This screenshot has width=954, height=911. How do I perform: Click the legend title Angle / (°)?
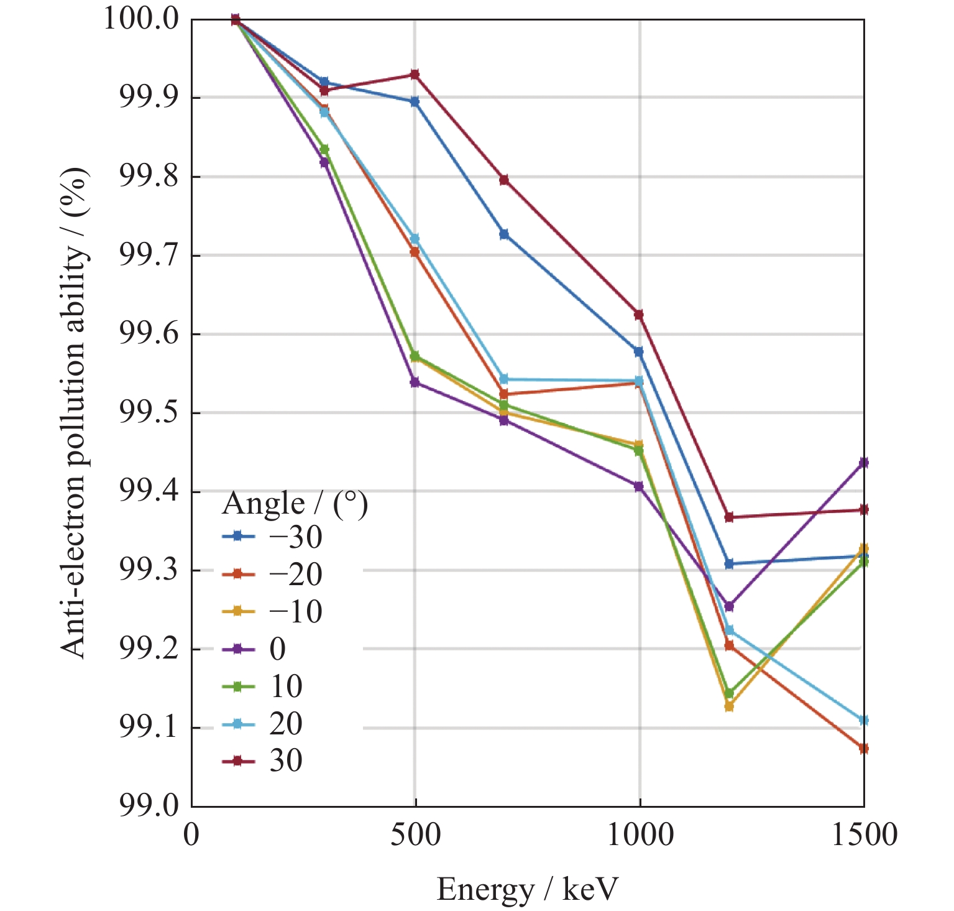(295, 503)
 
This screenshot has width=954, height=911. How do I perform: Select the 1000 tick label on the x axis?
(640, 835)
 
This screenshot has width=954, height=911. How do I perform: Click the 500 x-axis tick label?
(415, 835)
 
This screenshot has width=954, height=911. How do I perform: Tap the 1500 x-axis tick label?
(864, 835)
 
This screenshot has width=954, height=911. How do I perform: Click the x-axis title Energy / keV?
(527, 889)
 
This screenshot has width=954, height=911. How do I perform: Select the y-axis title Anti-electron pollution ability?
(75, 413)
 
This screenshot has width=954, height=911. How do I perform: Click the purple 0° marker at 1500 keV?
(863, 463)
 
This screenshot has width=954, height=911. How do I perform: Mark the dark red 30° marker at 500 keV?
(415, 75)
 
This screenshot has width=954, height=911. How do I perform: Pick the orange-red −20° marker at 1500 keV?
(863, 748)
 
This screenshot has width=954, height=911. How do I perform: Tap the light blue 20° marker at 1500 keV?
(863, 720)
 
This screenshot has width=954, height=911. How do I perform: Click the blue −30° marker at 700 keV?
(504, 234)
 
